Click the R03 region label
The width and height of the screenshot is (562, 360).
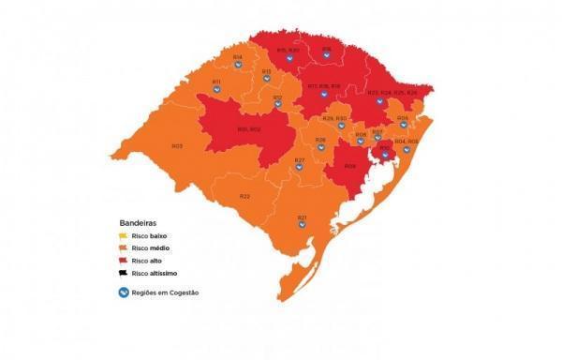click(x=177, y=145)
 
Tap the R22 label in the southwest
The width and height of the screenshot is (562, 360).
click(x=244, y=196)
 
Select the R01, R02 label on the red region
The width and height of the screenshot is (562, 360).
click(x=248, y=128)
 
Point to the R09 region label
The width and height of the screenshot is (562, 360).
click(x=349, y=166)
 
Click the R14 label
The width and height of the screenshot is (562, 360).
click(x=238, y=57)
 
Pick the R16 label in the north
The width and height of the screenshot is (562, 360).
click(x=327, y=49)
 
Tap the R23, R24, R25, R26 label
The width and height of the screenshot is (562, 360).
click(x=392, y=93)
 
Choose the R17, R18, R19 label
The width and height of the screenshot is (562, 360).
click(x=323, y=85)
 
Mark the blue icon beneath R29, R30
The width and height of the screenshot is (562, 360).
click(x=341, y=126)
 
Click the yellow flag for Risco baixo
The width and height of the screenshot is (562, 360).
click(x=123, y=236)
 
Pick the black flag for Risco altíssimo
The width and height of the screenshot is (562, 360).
click(x=123, y=272)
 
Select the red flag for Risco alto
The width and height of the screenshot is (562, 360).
click(x=123, y=260)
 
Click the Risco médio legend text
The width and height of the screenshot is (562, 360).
click(x=154, y=248)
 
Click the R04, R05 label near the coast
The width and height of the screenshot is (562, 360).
click(x=406, y=142)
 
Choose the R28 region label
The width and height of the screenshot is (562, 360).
click(x=320, y=140)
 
